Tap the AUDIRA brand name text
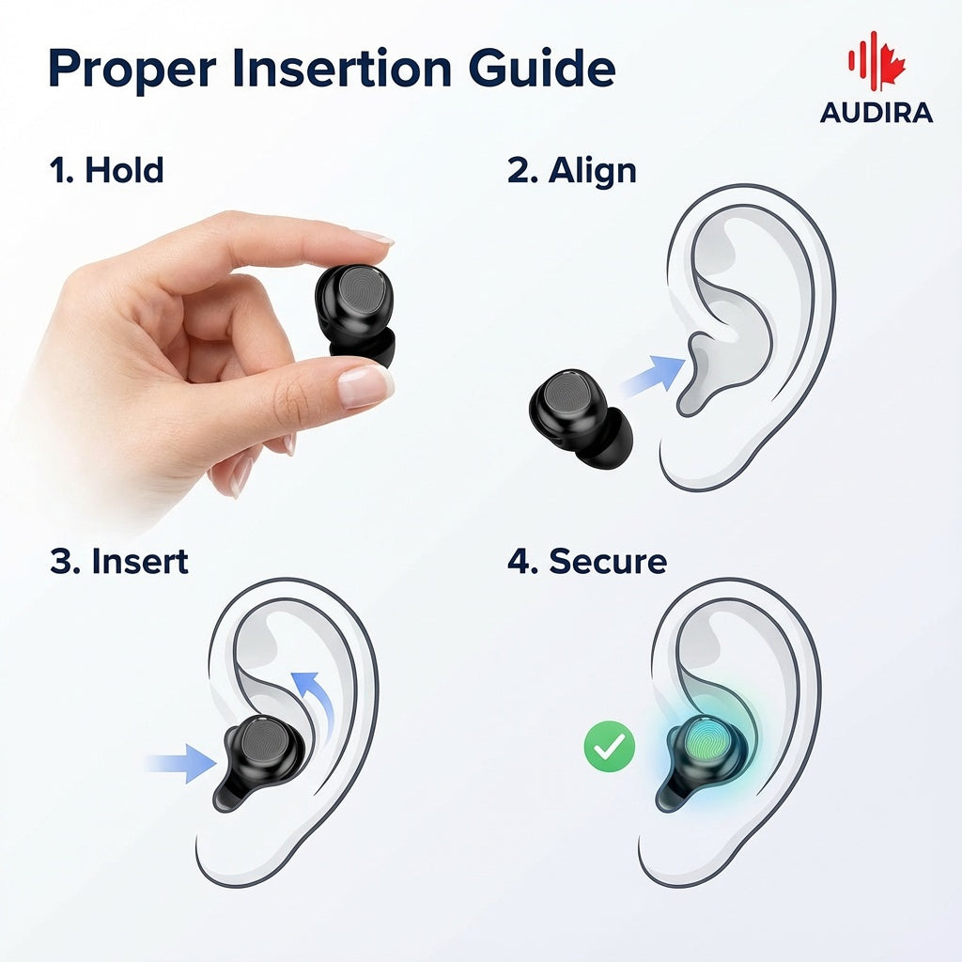click(x=876, y=113)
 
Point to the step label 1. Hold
click(x=106, y=171)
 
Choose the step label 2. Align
click(x=571, y=171)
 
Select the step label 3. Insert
click(x=119, y=562)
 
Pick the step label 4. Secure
click(x=587, y=562)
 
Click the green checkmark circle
click(x=610, y=747)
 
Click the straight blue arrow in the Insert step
click(x=185, y=762)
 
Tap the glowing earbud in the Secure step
click(x=704, y=752)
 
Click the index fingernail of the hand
click(x=372, y=237)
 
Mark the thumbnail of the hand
click(x=365, y=385)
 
